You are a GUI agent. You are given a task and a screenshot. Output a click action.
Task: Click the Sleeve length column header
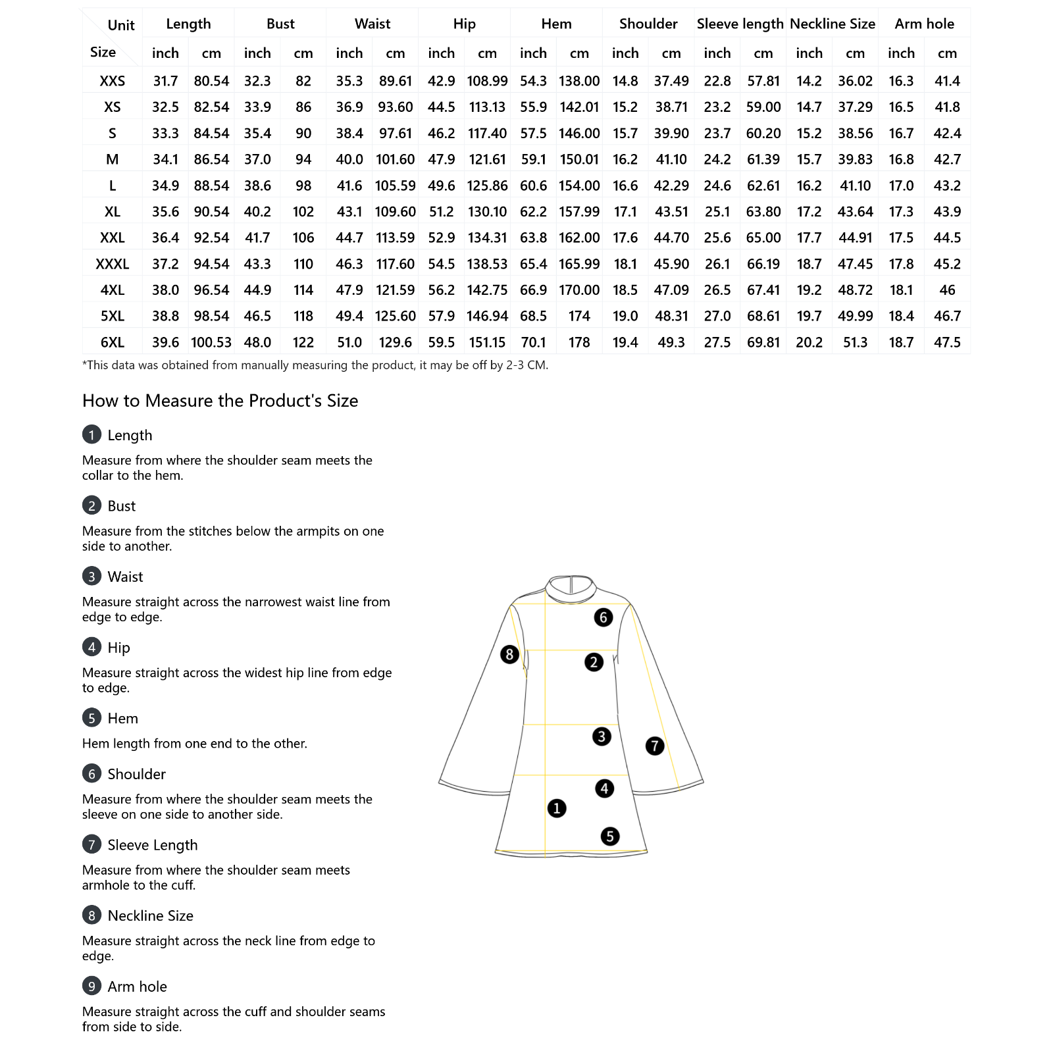[x=740, y=24]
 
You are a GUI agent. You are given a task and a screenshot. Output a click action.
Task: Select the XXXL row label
[x=113, y=264]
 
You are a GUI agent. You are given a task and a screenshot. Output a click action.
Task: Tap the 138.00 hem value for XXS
[x=579, y=81]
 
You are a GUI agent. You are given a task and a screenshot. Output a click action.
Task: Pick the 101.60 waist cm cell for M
[x=395, y=159]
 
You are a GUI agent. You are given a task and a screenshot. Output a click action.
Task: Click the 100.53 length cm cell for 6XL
[x=211, y=342]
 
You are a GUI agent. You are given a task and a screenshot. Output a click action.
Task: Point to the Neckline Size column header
[x=832, y=24]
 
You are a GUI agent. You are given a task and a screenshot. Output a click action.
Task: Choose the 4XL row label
[x=113, y=290]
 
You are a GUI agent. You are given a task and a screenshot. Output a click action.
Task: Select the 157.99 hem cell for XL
[x=579, y=212]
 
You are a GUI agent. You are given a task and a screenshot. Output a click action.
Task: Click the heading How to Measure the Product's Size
[x=220, y=401]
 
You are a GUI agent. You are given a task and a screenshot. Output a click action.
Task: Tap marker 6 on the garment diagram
[x=604, y=617]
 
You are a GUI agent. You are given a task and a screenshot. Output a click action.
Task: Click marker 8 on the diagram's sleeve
[x=509, y=654]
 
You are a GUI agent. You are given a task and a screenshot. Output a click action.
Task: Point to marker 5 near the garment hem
[x=610, y=836]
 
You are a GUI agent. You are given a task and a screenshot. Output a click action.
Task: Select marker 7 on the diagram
[x=655, y=746]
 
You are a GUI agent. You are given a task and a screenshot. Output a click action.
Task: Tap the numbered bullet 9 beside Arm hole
[x=91, y=986]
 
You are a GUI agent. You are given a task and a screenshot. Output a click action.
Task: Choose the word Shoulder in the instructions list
[x=136, y=774]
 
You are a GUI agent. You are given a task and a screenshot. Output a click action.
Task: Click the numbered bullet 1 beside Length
[x=91, y=435]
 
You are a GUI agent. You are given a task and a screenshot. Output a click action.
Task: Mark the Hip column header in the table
[x=464, y=24]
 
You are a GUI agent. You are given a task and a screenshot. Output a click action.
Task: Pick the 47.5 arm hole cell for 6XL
[x=947, y=342]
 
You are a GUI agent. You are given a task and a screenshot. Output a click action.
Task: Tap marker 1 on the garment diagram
[x=557, y=808]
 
